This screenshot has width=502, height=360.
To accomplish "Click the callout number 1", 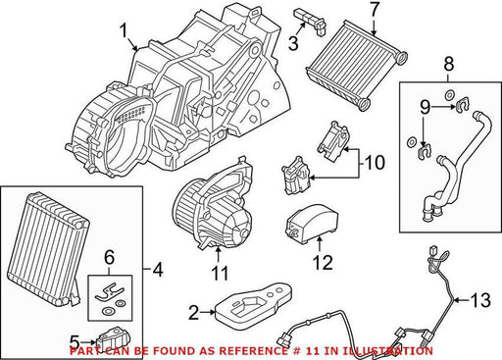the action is click(124, 31).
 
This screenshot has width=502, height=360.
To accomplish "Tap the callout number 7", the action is click(375, 11).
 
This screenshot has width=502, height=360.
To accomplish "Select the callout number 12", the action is click(323, 262).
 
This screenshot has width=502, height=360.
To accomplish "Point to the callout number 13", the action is click(480, 300).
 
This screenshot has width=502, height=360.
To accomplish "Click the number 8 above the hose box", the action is click(449, 65).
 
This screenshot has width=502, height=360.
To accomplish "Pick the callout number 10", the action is click(375, 162).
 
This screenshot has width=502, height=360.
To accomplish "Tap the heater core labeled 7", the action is click(357, 66).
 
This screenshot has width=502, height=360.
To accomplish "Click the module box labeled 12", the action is click(312, 224).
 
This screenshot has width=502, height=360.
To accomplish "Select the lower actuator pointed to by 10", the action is click(297, 176).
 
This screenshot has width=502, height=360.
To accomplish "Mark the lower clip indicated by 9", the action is click(425, 151).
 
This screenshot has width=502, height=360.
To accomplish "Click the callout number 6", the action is click(109, 257).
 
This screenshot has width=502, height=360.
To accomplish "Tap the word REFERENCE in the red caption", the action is click(251, 351).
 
